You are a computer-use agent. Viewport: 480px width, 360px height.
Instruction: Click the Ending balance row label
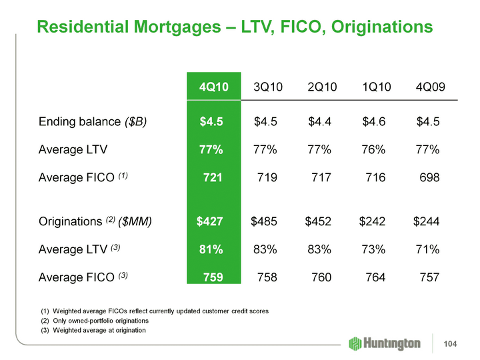pyautogui.click(x=93, y=121)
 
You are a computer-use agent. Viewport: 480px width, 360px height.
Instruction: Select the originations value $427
pyautogui.click(x=209, y=221)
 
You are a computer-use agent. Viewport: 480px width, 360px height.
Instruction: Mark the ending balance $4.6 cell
pyautogui.click(x=374, y=121)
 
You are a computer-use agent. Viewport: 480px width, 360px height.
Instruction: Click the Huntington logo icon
pyautogui.click(x=355, y=343)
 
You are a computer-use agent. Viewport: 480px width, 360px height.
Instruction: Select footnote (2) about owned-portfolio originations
pyautogui.click(x=102, y=321)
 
